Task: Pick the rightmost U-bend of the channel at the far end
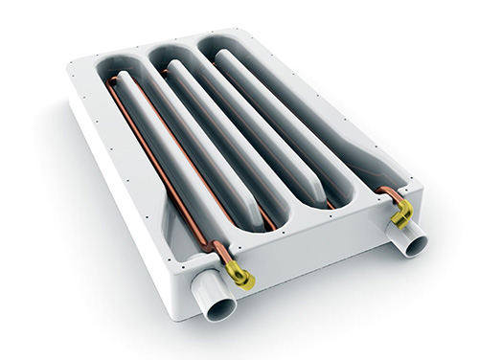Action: click(215, 43)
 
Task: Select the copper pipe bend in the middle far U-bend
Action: click(166, 69)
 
